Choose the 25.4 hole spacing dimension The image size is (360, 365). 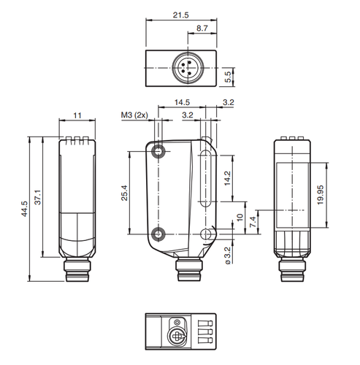coord(124,193)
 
